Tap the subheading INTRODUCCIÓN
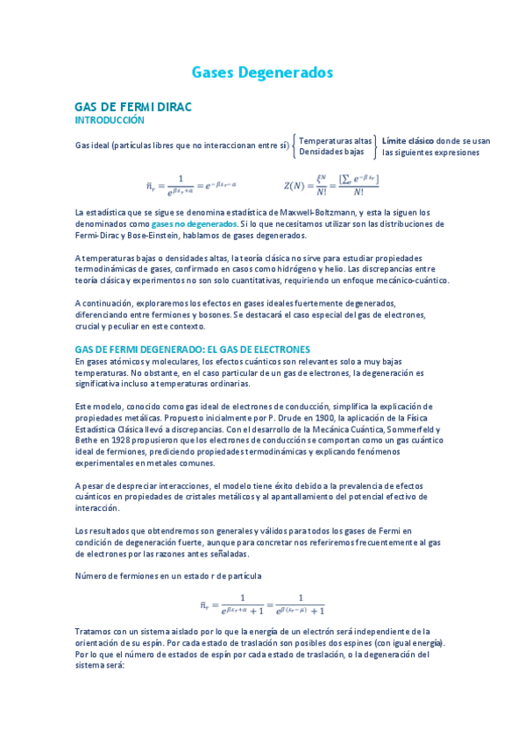tap(109, 119)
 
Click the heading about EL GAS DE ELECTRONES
tap(193, 349)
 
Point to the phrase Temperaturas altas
tap(335, 140)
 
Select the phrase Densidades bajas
tap(331, 152)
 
